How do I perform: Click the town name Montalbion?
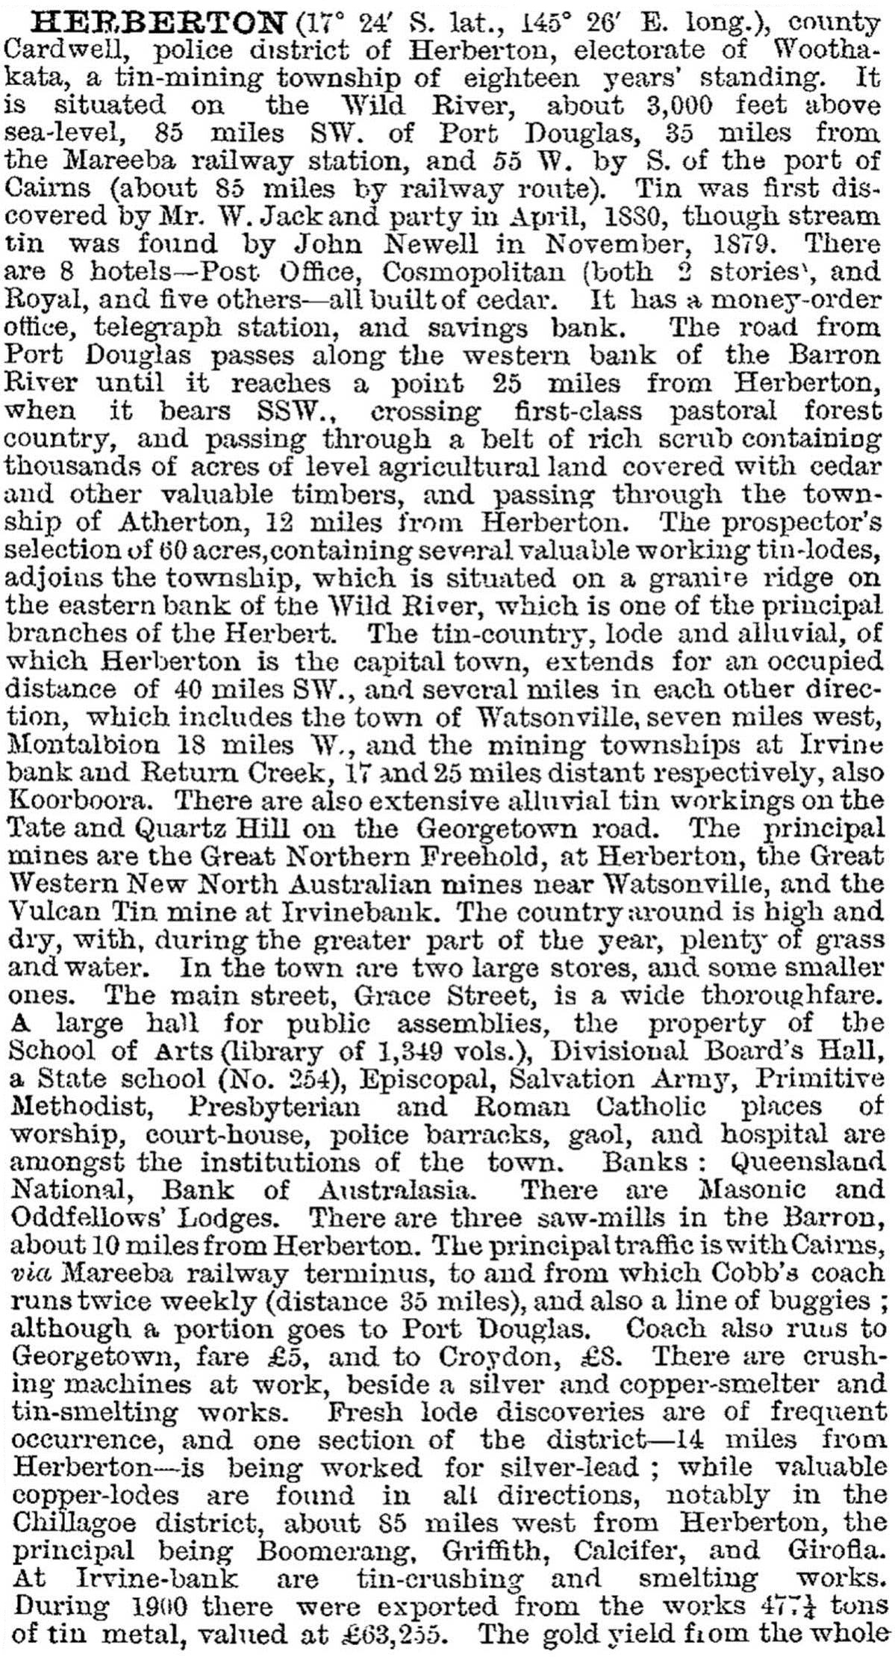[81, 746]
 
